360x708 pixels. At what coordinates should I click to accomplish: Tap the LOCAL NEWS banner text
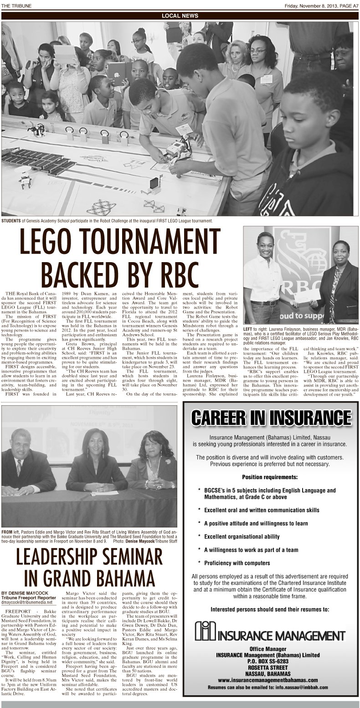pyautogui.click(x=180, y=16)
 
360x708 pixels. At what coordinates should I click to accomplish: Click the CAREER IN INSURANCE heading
pyautogui.click(x=271, y=417)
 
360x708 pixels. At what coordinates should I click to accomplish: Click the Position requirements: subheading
pyautogui.click(x=270, y=477)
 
